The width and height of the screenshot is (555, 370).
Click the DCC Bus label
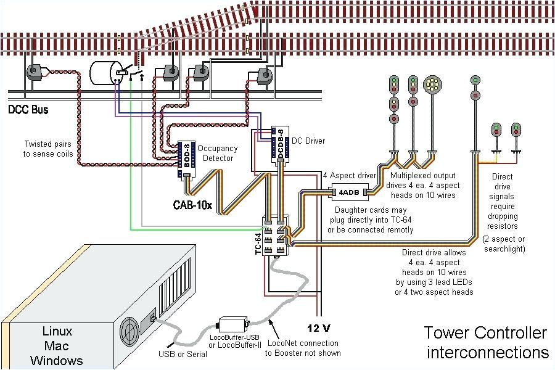(x=28, y=110)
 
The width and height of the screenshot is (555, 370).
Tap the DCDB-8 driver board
(x=280, y=144)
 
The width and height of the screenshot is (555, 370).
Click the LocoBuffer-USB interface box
(x=232, y=323)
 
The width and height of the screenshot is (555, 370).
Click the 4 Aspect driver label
(x=349, y=176)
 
